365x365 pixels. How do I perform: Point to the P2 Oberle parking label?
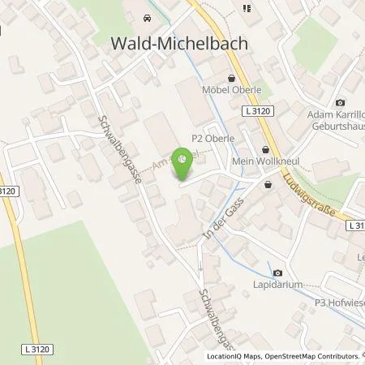[x=213, y=139]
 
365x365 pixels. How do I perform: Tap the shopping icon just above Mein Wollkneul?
[x=267, y=149]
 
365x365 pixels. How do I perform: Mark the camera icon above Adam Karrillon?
[x=339, y=103]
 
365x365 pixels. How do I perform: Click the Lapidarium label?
[x=278, y=286]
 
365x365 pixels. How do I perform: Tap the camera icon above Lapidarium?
[x=277, y=273]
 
